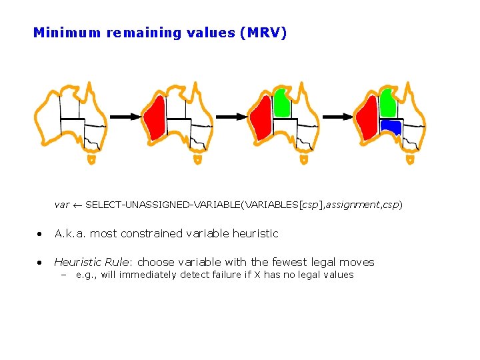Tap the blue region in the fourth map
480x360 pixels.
tap(390, 126)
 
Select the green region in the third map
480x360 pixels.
tap(281, 103)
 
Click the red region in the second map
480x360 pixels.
tap(155, 118)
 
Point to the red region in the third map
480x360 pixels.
tap(261, 118)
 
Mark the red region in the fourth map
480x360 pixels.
tap(367, 118)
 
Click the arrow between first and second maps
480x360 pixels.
tap(125, 116)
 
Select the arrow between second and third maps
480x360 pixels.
tap(231, 116)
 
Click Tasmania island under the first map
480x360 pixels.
tap(91, 160)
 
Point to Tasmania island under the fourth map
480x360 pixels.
tap(410, 160)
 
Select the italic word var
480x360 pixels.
tap(62, 205)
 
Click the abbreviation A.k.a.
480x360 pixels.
tap(70, 233)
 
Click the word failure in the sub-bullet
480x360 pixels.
tap(220, 275)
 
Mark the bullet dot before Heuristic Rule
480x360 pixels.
tap(41, 263)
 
